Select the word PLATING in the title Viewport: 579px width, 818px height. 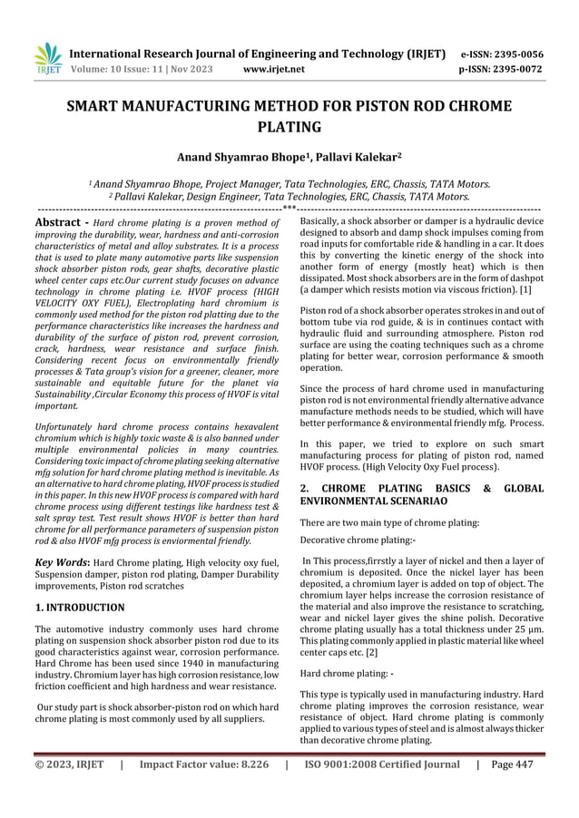tap(289, 127)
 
